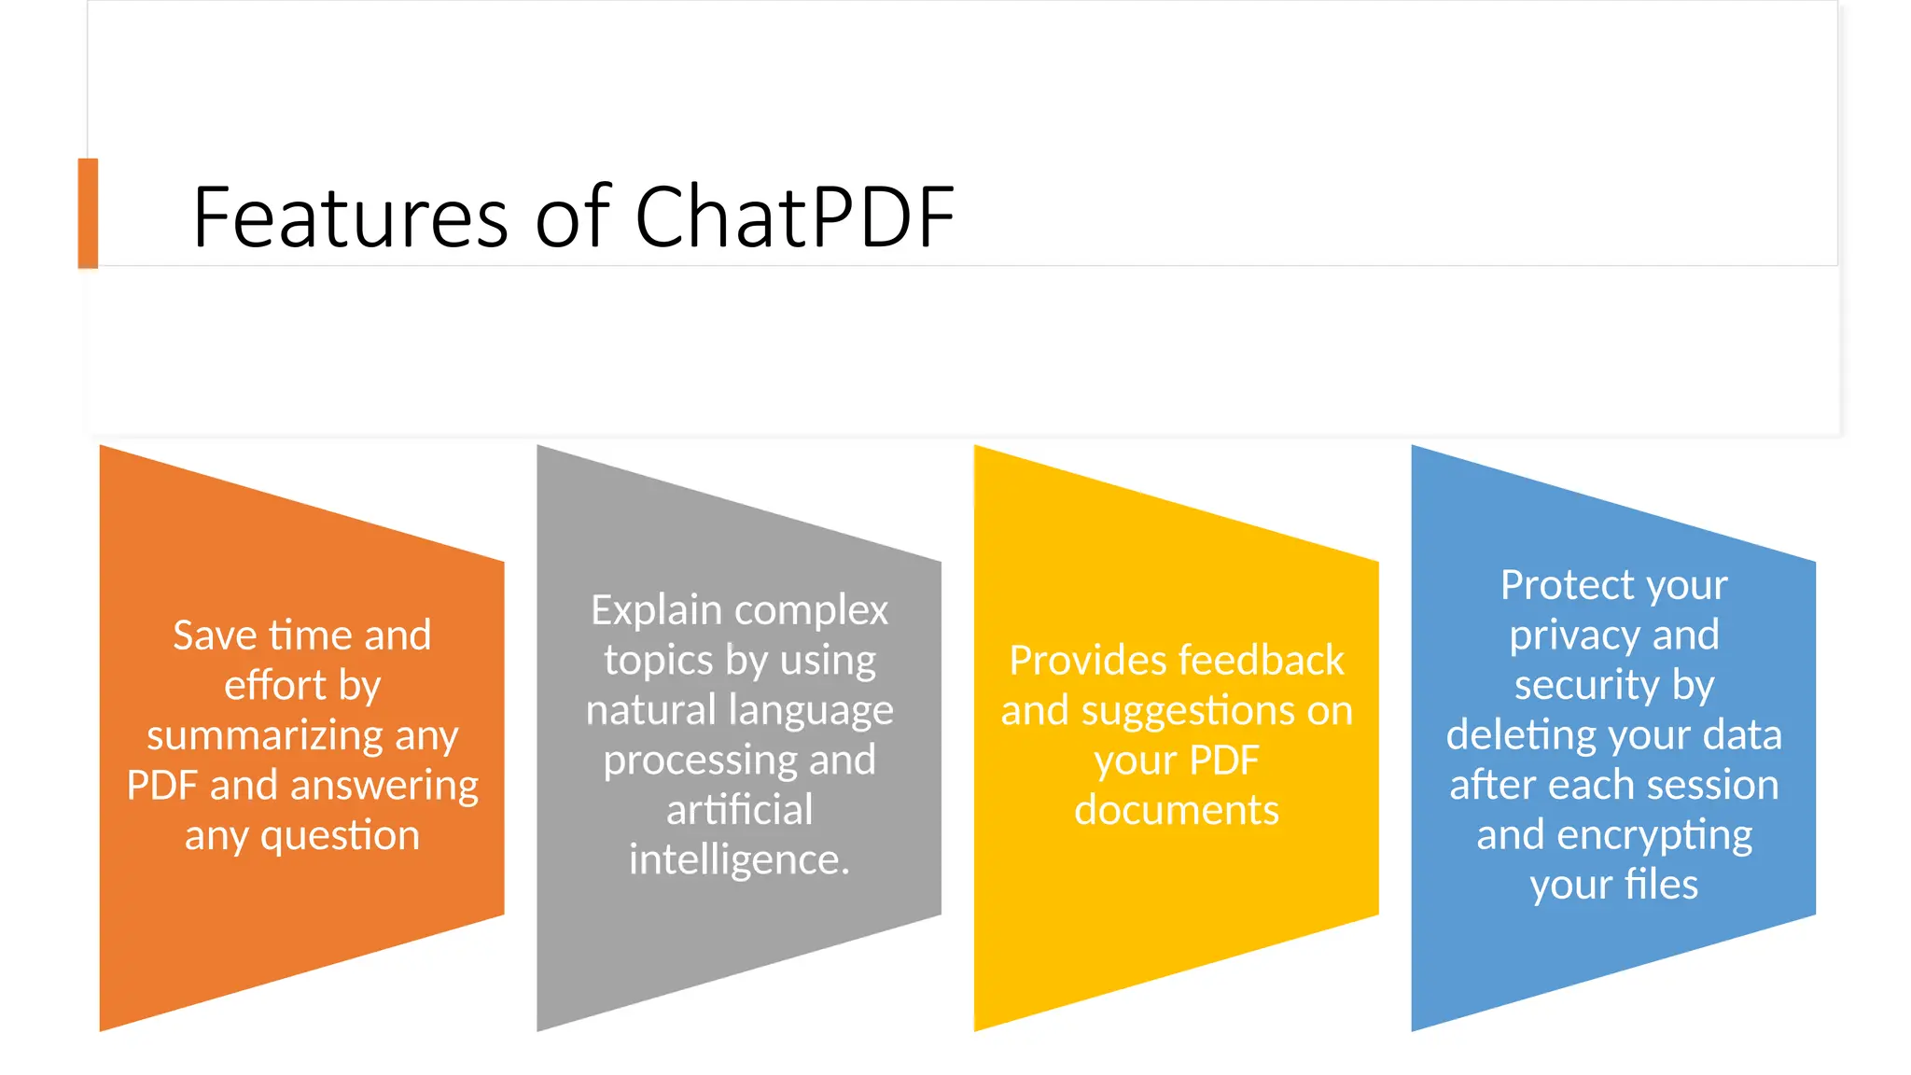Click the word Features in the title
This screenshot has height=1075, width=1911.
tap(350, 217)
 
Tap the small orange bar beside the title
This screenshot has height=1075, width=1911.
tap(88, 213)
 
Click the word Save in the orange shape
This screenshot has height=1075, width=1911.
tap(215, 635)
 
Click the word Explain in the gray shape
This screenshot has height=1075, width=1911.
tap(656, 611)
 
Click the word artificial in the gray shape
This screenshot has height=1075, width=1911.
tap(739, 810)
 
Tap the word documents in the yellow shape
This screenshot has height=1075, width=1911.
tap(1176, 810)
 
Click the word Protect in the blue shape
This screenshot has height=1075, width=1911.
tap(1556, 586)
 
